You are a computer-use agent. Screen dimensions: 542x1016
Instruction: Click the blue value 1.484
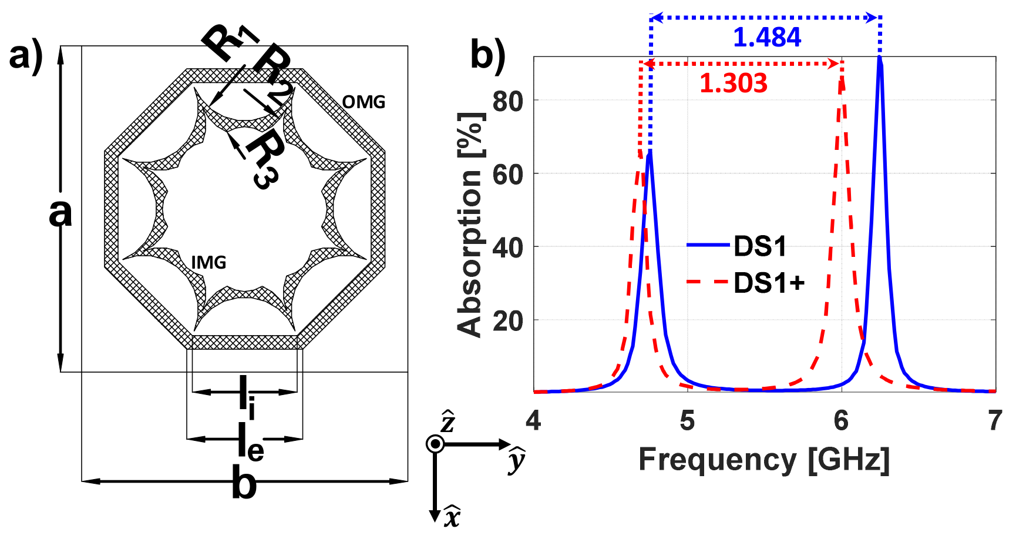[x=766, y=38]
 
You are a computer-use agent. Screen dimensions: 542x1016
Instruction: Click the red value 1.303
[x=733, y=83]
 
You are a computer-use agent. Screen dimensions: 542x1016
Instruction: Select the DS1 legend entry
[x=759, y=246]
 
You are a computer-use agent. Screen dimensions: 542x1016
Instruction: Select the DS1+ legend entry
[x=769, y=283]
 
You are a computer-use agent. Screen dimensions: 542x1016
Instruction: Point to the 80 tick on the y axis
[x=508, y=102]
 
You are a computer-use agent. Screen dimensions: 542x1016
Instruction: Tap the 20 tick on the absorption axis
[x=508, y=321]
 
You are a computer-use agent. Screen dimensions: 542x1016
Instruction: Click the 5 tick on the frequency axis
[x=687, y=421]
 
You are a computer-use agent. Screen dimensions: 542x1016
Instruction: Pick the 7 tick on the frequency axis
[x=994, y=421]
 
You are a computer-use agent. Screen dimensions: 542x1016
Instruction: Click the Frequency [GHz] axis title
[x=764, y=460]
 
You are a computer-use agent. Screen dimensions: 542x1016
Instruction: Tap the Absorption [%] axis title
[x=470, y=225]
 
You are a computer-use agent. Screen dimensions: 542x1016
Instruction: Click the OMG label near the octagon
[x=364, y=102]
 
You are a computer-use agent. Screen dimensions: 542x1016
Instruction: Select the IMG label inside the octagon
[x=208, y=262]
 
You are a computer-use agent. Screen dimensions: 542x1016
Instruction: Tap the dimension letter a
[x=60, y=213]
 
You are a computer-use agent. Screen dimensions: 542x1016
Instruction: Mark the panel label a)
[x=26, y=56]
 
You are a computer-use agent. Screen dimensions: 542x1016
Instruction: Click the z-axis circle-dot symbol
[x=435, y=444]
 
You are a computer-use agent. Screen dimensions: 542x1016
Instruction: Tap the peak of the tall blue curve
[x=879, y=59]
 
